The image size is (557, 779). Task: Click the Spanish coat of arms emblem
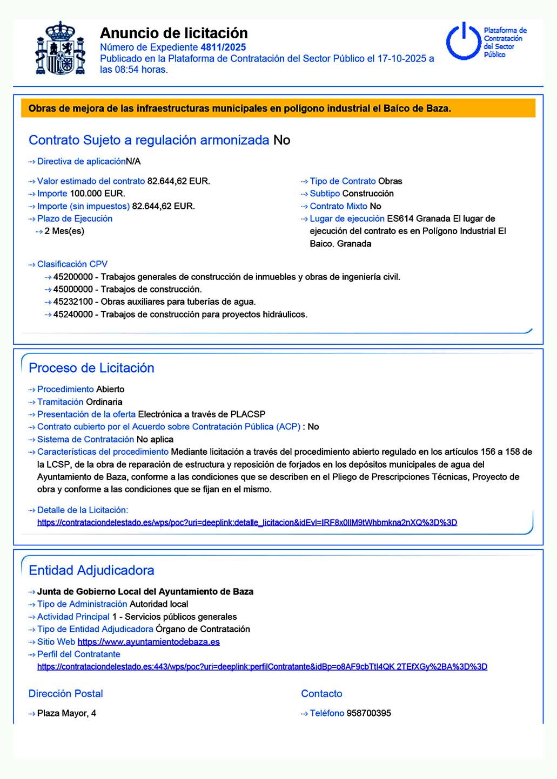tap(60, 49)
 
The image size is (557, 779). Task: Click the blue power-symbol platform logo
tap(463, 41)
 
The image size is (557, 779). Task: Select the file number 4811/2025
tap(223, 47)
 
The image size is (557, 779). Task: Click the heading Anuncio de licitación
tap(173, 33)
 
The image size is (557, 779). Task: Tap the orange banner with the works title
tap(278, 108)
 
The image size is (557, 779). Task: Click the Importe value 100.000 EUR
tap(97, 194)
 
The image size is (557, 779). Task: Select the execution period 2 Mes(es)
tap(64, 231)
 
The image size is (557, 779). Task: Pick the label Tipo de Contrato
tap(343, 181)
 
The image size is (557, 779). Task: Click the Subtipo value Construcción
tap(368, 194)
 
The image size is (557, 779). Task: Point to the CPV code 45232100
tap(73, 302)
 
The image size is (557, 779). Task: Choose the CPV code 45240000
tap(73, 315)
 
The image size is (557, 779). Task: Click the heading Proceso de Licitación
tap(91, 368)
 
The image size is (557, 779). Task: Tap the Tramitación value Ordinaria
tap(104, 402)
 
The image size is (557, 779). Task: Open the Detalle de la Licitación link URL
tap(247, 523)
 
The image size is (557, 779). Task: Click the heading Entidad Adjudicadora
tap(91, 570)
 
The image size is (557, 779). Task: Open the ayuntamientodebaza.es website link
tap(149, 642)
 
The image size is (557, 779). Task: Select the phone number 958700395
tap(368, 713)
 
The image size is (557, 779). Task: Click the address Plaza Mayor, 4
tap(66, 713)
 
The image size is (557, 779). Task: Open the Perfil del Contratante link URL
tap(262, 667)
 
